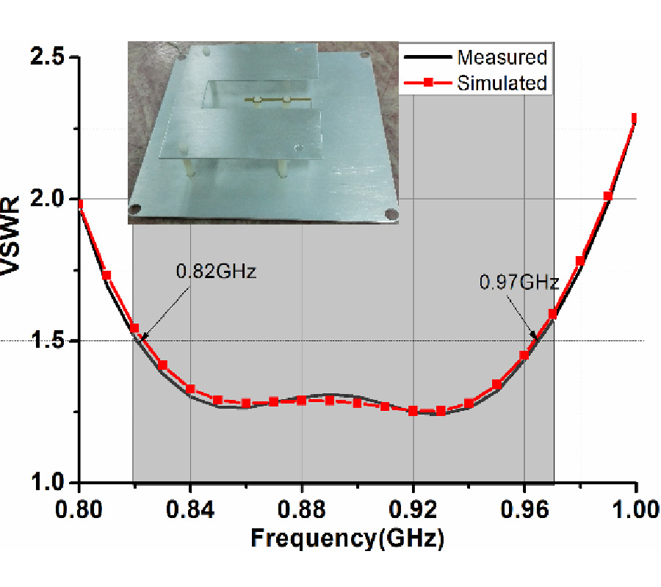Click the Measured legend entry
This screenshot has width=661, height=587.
click(x=502, y=57)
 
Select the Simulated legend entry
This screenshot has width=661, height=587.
click(x=502, y=83)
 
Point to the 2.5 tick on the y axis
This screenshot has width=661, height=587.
click(x=48, y=57)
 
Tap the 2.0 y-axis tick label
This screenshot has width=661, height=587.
click(x=48, y=199)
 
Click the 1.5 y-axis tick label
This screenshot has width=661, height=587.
click(x=48, y=341)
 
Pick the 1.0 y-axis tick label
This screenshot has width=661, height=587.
click(x=48, y=483)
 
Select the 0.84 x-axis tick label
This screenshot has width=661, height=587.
click(x=190, y=508)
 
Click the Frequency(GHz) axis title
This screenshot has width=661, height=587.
click(x=347, y=540)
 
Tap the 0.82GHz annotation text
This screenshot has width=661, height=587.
click(x=215, y=271)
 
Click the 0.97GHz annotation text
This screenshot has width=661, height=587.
click(x=519, y=282)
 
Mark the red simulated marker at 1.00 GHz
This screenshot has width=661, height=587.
click(x=635, y=118)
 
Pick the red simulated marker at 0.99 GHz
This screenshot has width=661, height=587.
click(x=607, y=196)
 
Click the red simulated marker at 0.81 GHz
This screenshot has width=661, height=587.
click(x=106, y=275)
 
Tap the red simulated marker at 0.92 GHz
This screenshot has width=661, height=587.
click(x=413, y=411)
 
